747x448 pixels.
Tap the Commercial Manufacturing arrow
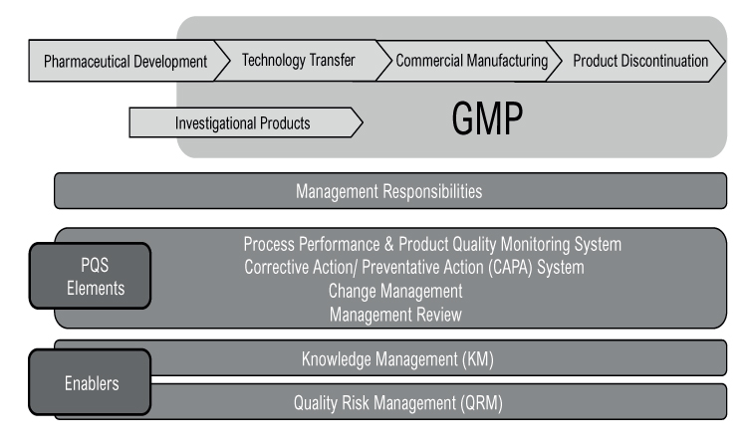(x=469, y=61)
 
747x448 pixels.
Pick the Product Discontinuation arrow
(x=636, y=61)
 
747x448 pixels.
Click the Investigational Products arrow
(x=245, y=122)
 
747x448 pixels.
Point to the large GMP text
(x=487, y=118)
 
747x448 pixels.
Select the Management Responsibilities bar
(x=390, y=191)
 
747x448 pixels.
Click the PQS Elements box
(x=90, y=276)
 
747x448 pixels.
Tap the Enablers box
(x=90, y=382)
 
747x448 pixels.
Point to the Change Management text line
(x=395, y=291)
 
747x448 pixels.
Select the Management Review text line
(x=395, y=315)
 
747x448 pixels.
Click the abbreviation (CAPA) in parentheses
(x=510, y=268)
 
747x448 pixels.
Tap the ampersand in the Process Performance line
(x=389, y=244)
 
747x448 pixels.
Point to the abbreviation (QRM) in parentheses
(x=481, y=403)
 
